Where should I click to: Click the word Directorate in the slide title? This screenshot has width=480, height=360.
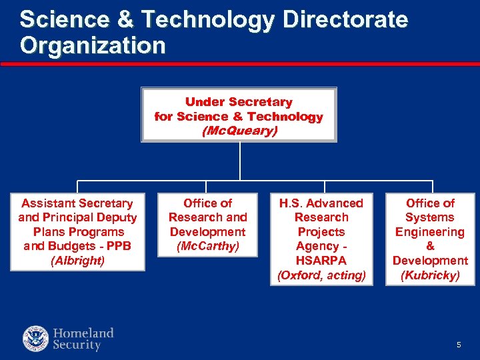click(345, 20)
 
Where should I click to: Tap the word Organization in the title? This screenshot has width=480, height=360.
click(93, 45)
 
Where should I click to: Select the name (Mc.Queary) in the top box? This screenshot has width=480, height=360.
click(239, 131)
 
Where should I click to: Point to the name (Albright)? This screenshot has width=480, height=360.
click(77, 261)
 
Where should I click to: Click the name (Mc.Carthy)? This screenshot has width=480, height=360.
click(207, 246)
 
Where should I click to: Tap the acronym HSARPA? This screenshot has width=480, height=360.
click(321, 261)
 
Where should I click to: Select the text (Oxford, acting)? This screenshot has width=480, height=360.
click(321, 275)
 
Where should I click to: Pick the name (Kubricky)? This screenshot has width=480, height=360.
click(430, 275)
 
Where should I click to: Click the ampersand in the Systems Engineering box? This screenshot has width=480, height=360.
click(430, 246)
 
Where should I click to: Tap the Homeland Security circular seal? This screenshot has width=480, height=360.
click(36, 339)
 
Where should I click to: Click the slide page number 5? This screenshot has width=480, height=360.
click(459, 345)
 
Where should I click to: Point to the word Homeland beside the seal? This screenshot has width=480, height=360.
click(83, 333)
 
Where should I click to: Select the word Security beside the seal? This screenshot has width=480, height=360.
click(77, 345)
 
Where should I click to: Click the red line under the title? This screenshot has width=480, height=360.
click(240, 65)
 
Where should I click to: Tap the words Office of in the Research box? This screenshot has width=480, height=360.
click(207, 203)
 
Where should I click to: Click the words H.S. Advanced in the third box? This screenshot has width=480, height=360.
click(321, 203)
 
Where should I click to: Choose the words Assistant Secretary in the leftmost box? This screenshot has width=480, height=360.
click(77, 203)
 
